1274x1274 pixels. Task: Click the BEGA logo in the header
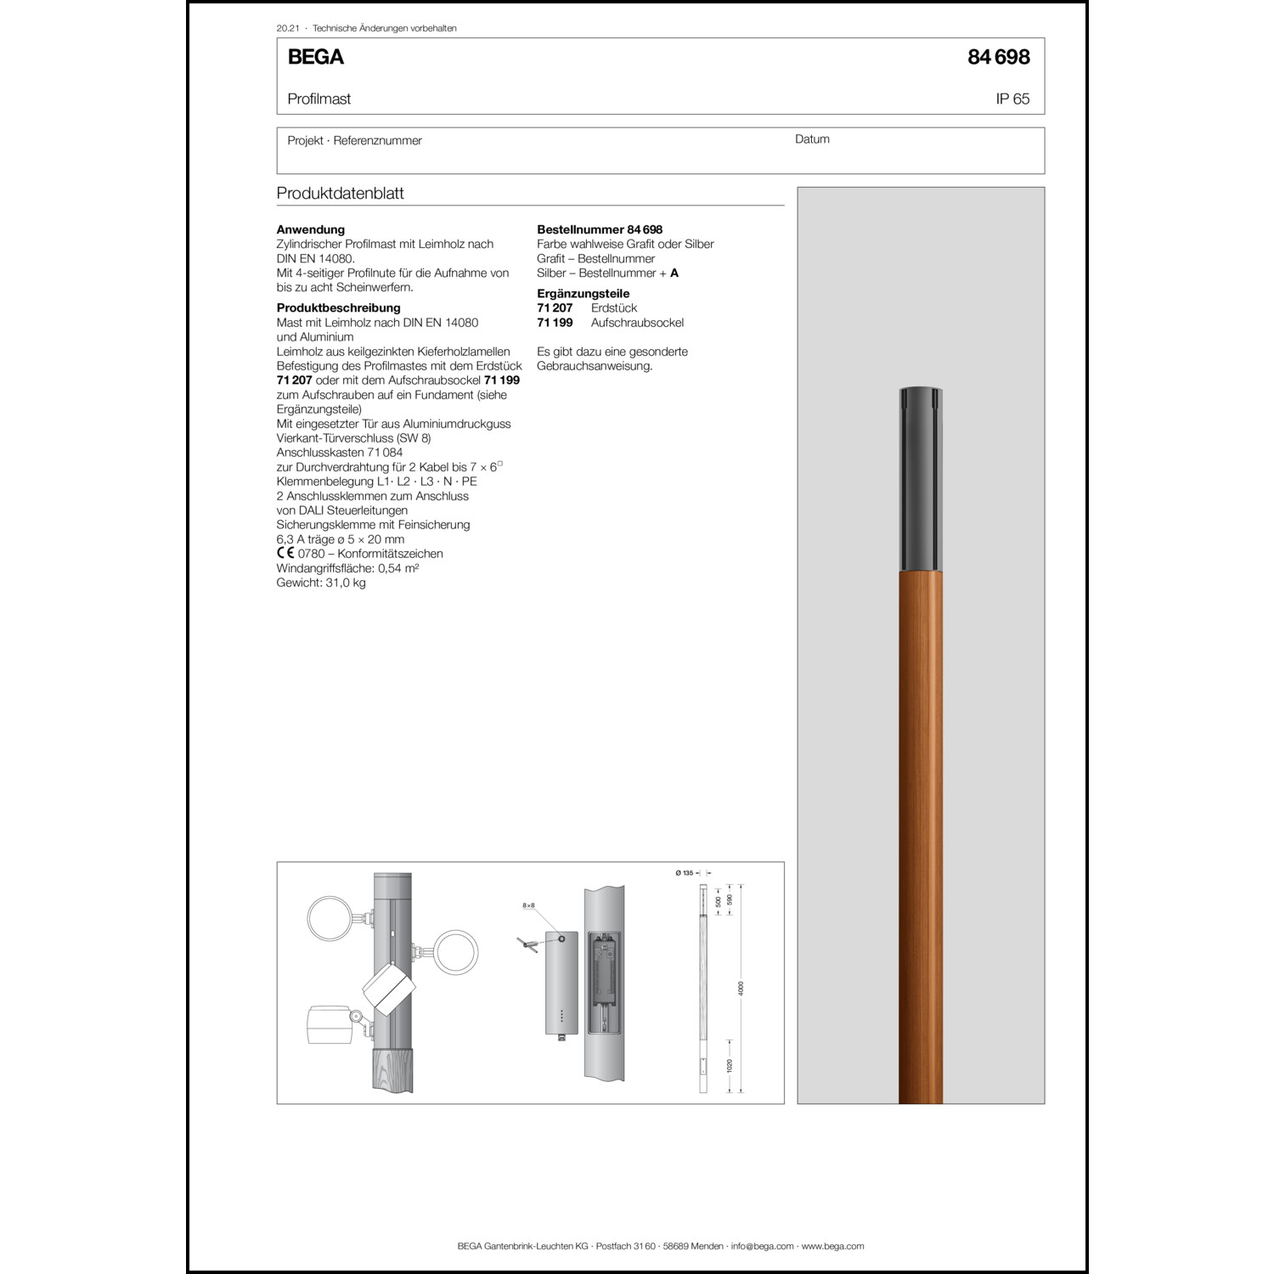click(x=315, y=57)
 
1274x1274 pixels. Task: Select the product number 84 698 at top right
click(x=998, y=57)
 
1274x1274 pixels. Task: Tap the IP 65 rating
click(x=1012, y=99)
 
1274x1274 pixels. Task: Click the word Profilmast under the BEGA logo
click(x=318, y=99)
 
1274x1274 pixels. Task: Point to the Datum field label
click(x=812, y=139)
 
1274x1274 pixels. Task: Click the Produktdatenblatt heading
click(x=340, y=193)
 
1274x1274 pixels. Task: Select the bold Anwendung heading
click(x=311, y=229)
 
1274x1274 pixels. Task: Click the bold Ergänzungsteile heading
click(x=583, y=293)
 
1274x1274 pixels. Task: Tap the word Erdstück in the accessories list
click(x=613, y=307)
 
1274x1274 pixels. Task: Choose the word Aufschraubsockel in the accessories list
click(x=637, y=322)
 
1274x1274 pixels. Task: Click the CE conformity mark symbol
click(x=285, y=553)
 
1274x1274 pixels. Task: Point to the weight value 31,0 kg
click(x=345, y=583)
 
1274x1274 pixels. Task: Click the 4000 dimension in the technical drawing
click(x=741, y=988)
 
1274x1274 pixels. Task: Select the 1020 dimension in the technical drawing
click(x=730, y=1065)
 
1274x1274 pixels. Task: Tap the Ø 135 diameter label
click(x=685, y=872)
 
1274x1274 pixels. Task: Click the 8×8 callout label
click(x=528, y=906)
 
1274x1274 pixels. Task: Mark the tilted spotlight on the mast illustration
click(x=388, y=989)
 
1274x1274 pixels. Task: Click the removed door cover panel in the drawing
click(x=561, y=984)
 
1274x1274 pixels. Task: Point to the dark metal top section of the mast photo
click(x=921, y=480)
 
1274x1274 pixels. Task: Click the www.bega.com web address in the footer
click(x=832, y=1246)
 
